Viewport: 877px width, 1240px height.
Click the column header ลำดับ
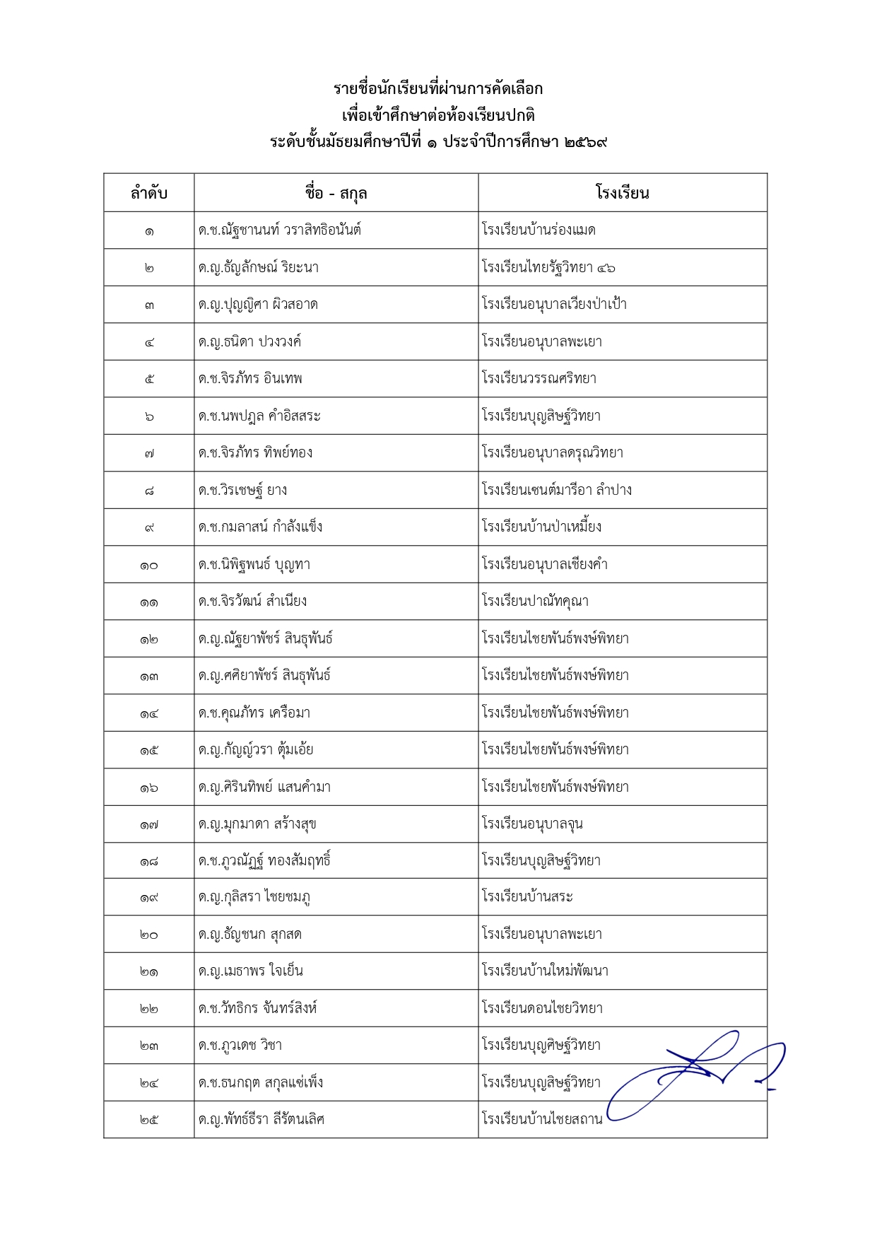(148, 193)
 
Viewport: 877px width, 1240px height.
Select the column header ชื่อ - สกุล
(336, 193)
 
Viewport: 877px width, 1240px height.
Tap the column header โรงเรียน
(622, 193)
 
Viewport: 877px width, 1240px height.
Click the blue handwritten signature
(696, 1075)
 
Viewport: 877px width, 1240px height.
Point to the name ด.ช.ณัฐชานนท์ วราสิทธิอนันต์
(280, 230)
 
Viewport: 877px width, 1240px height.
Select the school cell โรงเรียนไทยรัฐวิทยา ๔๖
(548, 267)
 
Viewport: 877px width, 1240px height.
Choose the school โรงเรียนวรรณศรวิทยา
(539, 379)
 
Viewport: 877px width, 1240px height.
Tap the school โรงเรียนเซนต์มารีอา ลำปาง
(557, 490)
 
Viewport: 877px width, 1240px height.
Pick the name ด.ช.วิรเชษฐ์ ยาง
(242, 490)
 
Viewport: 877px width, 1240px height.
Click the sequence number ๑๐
(148, 565)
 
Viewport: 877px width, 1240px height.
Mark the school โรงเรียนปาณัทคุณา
(535, 602)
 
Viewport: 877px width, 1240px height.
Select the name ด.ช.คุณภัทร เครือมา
(254, 713)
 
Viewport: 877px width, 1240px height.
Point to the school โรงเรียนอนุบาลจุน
(532, 824)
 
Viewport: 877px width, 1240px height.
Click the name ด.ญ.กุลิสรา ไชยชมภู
(254, 897)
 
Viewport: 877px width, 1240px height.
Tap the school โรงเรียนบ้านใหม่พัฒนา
(545, 971)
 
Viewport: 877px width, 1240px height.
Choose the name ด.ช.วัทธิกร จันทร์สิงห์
(258, 1008)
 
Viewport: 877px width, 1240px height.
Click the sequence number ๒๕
(148, 1119)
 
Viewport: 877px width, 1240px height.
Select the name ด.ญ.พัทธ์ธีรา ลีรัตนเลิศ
(261, 1119)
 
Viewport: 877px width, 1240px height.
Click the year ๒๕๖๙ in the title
(586, 142)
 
